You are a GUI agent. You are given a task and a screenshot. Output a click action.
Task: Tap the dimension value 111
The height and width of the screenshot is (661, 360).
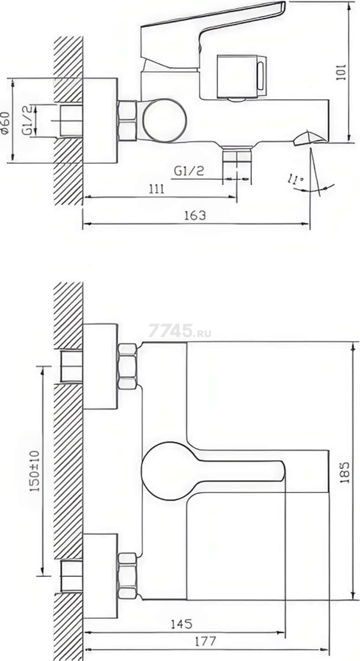coord(156,189)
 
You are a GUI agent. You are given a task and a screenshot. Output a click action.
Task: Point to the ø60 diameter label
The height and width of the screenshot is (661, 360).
coord(5,124)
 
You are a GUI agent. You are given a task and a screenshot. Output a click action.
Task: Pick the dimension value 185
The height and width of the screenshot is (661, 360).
coord(345,472)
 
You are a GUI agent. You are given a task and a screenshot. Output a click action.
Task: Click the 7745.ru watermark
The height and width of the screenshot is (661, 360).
coord(180,331)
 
